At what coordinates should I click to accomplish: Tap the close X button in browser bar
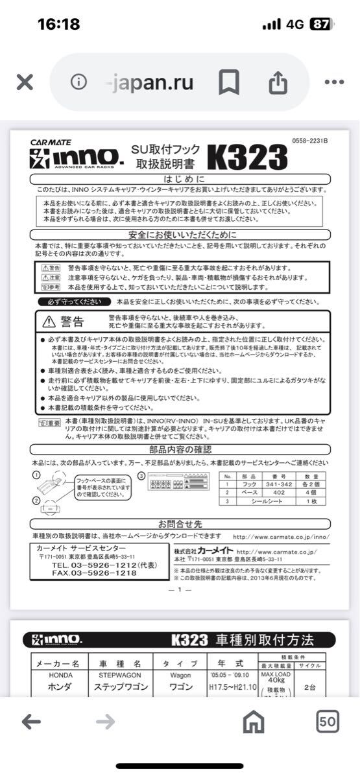coord(25,82)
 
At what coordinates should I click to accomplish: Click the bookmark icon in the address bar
coord(228,82)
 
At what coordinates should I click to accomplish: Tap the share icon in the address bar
coord(277,82)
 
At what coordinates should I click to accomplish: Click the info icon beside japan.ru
coord(78,82)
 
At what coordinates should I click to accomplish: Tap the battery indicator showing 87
coord(320,25)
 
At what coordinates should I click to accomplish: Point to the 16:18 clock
coord(58,25)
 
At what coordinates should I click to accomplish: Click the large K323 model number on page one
coord(247,156)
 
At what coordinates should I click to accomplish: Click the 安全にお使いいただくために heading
coord(182,235)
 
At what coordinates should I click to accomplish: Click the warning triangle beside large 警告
coord(50,322)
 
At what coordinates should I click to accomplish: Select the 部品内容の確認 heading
coord(180,449)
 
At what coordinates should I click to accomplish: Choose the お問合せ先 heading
coord(180,524)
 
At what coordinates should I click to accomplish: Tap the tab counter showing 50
coord(328,721)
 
